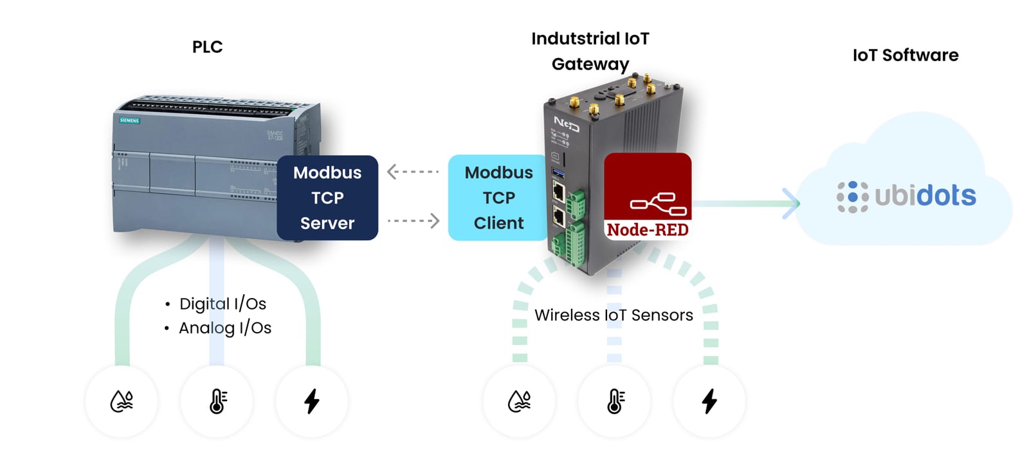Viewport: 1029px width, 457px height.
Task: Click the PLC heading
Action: point(207,47)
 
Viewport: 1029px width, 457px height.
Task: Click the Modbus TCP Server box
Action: point(327,198)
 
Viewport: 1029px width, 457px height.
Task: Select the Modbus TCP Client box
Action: point(498,198)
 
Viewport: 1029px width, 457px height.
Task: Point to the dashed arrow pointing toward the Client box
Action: point(414,221)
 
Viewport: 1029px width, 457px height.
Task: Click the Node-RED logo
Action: point(648,196)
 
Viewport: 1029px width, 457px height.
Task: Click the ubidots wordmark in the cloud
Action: point(925,196)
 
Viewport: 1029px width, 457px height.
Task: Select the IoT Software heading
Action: point(905,55)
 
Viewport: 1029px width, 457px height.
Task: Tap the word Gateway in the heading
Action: point(590,64)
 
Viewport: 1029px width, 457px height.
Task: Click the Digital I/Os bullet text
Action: point(222,304)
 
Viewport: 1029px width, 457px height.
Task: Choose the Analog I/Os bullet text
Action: point(224,328)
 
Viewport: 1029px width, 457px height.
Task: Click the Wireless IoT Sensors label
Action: point(614,315)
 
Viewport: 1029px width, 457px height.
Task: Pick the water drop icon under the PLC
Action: point(122,401)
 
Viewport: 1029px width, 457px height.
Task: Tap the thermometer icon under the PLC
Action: point(217,401)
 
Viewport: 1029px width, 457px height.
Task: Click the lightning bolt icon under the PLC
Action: point(312,401)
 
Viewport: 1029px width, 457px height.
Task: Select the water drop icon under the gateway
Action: point(519,401)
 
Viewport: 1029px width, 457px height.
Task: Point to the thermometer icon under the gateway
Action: point(615,401)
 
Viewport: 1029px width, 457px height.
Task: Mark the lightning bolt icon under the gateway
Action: point(709,401)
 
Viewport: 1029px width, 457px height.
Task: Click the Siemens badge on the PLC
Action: point(129,120)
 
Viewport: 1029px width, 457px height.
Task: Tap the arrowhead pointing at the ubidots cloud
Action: point(792,203)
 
